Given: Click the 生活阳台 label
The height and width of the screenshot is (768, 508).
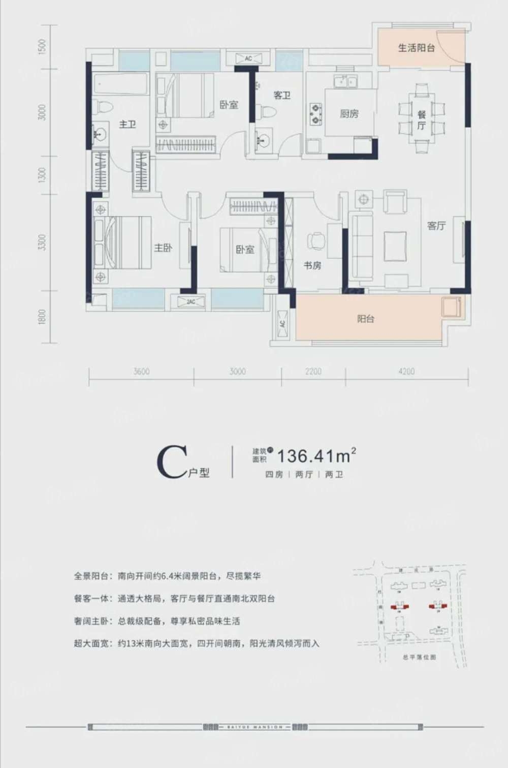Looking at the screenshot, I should (416, 48).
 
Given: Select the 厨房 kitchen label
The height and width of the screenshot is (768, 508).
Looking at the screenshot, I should (349, 114).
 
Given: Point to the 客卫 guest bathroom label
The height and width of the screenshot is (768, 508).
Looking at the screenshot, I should (281, 95).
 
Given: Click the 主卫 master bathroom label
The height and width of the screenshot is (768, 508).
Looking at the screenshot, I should (128, 124).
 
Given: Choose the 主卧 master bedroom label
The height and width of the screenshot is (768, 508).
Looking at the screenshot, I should (163, 248).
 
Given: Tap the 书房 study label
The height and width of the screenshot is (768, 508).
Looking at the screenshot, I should (312, 265).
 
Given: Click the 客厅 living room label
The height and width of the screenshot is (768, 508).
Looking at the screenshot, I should (436, 226).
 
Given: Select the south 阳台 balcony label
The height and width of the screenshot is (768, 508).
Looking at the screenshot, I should (366, 319).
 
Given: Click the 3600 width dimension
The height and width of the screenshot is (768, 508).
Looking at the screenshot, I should (141, 372).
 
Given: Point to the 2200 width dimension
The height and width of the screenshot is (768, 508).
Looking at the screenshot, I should (313, 372).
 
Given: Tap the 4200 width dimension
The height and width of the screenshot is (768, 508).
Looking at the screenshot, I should (406, 372).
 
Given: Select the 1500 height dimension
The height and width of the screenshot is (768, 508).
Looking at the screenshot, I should (43, 47).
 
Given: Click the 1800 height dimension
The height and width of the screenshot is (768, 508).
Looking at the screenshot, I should (43, 318).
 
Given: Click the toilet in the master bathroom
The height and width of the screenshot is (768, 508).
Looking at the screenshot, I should (105, 107).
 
